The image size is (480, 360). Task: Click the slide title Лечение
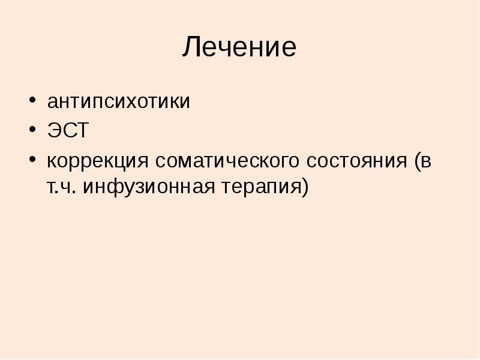[239, 47]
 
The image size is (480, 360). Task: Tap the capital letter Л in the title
[191, 47]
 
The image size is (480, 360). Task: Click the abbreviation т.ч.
[61, 187]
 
